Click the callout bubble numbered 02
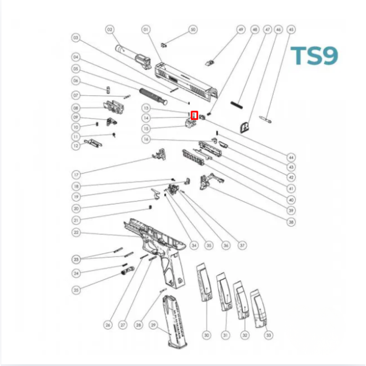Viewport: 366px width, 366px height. pyautogui.click(x=109, y=29)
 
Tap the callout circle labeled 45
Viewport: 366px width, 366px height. pyautogui.click(x=291, y=29)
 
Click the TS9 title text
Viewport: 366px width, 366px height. pyautogui.click(x=314, y=56)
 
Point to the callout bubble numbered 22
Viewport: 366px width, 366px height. pyautogui.click(x=76, y=233)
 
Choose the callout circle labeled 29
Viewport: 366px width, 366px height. pyautogui.click(x=153, y=325)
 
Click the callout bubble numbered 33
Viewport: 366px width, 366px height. pyautogui.click(x=269, y=335)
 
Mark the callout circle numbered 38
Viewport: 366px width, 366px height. pyautogui.click(x=291, y=222)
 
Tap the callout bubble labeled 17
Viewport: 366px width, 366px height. pyautogui.click(x=76, y=174)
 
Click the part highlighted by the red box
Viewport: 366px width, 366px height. pyautogui.click(x=194, y=116)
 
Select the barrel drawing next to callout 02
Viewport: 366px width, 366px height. pyautogui.click(x=134, y=57)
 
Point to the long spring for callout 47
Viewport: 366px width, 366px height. pyautogui.click(x=238, y=104)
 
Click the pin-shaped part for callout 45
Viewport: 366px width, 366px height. pyautogui.click(x=265, y=119)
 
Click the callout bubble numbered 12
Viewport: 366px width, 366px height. pyautogui.click(x=76, y=146)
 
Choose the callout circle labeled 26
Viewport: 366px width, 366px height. pyautogui.click(x=108, y=325)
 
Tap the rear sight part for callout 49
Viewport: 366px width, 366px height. pyautogui.click(x=210, y=63)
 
